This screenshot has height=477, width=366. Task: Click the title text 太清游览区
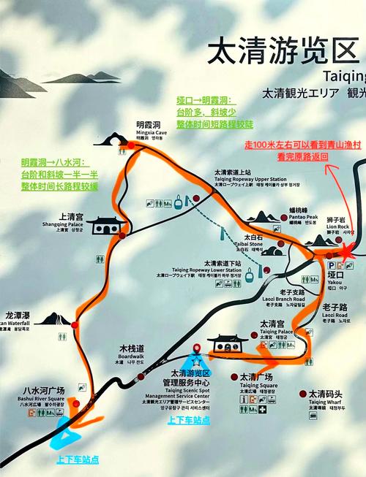point(285,53)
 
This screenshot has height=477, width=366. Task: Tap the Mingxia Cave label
point(149,126)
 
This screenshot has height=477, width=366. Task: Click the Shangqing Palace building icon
point(108,224)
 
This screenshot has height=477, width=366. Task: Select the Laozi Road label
point(334,311)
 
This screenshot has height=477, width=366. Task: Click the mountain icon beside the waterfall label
point(52,319)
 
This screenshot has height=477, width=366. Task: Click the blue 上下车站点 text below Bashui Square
point(77,459)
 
